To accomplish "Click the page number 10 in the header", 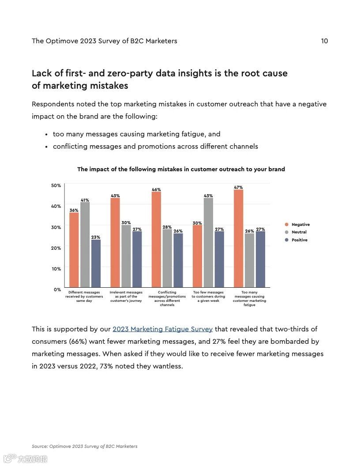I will (324, 41).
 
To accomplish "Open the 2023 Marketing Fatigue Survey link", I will (162, 329).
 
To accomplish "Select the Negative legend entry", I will (300, 225).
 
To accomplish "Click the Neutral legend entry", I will (299, 232).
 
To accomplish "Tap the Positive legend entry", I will (299, 240).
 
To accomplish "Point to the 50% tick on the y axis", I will (56, 185).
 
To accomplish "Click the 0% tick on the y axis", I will (57, 289).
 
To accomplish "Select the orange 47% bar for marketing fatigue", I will (238, 238).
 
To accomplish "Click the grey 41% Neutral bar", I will (85, 245).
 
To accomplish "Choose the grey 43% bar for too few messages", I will (208, 243).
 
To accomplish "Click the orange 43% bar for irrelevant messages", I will (115, 243).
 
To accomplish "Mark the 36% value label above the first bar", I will (74, 210).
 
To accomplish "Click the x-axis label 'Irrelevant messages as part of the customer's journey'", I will (126, 297).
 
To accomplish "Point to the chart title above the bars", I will (181, 169).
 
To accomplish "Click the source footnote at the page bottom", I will (84, 446).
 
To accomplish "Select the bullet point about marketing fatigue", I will (136, 134).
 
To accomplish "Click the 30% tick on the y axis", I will (56, 227).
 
